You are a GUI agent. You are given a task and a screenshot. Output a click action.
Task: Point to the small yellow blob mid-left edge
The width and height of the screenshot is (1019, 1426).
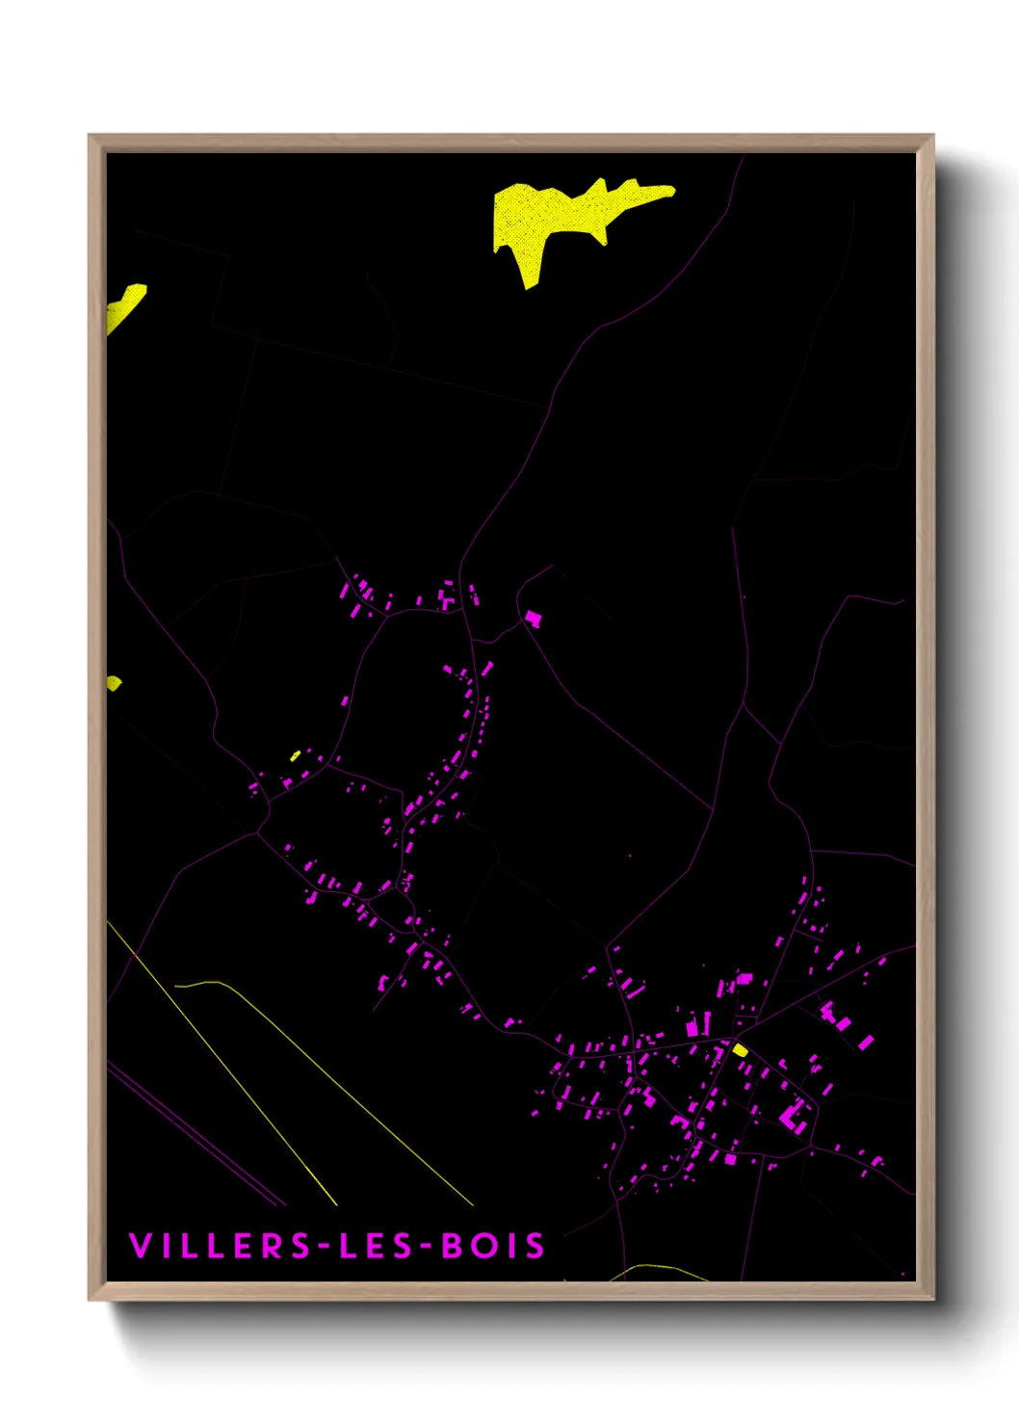coord(114,683)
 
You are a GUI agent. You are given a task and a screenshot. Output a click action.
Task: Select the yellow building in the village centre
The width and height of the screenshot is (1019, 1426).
coord(740,1050)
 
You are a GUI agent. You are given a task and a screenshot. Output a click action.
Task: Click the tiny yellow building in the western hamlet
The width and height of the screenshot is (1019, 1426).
coord(296,755)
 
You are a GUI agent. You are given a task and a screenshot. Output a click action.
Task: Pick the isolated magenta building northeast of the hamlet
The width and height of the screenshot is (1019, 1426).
coord(533,618)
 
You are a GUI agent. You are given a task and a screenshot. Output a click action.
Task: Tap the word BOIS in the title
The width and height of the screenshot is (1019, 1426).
coord(493,1246)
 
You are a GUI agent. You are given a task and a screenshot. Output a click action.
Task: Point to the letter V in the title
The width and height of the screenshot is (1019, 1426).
coord(140,1246)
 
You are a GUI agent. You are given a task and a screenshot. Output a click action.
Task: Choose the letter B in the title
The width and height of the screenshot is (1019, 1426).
coord(452,1246)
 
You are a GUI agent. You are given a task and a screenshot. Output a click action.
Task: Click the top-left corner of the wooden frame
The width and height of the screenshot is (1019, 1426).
coord(90,136)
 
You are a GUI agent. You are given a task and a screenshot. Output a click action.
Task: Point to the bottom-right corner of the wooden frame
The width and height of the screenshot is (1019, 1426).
coord(932,1299)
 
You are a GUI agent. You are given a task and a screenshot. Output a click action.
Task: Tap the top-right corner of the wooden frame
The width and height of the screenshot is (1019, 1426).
coord(932,136)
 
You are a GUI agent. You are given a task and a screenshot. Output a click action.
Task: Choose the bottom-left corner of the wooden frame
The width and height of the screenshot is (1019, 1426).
coord(90,1299)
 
